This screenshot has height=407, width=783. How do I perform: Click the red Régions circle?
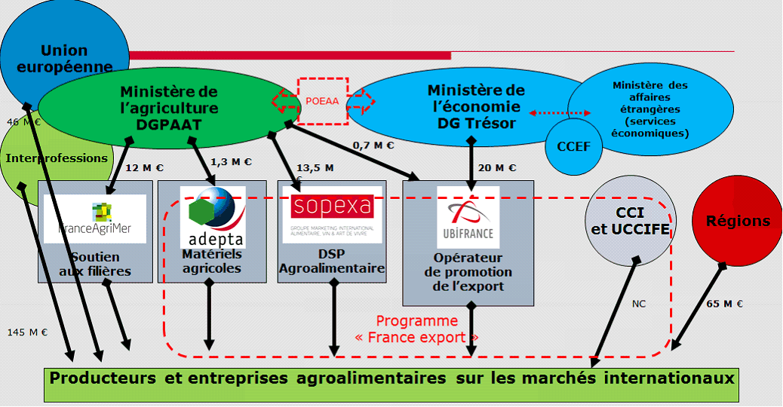coord(737,221)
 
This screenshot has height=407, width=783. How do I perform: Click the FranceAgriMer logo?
coord(95,219)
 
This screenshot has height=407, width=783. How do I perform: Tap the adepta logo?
coord(212,219)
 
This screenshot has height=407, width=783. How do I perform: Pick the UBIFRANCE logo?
coord(468,218)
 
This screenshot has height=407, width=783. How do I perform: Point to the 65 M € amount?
coord(724,304)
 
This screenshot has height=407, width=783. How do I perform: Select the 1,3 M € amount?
coord(231,161)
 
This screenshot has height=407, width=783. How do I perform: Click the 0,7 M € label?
coord(373,145)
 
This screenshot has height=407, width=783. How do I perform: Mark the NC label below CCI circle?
coord(639,304)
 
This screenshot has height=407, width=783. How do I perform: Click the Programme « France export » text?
coord(417,329)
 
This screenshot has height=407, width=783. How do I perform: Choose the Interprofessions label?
coord(57,158)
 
